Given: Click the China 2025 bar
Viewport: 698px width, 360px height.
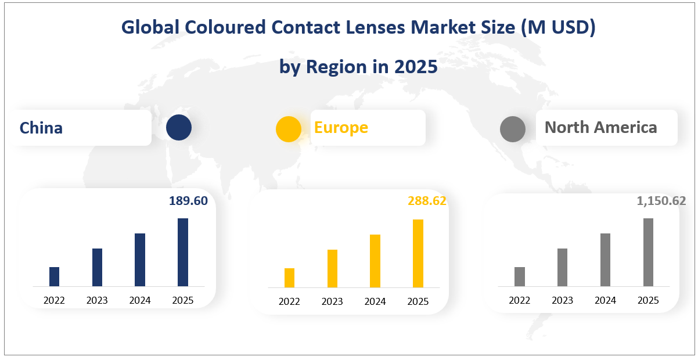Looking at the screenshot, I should [183, 252].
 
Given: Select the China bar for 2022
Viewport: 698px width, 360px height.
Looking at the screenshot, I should [55, 276].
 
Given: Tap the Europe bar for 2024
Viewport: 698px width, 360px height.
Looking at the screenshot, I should [375, 261].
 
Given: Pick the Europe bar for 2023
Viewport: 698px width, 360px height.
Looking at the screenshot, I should [332, 268].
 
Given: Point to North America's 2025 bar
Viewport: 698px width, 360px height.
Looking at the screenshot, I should [648, 252].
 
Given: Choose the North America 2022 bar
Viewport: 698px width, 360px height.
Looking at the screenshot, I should [520, 276].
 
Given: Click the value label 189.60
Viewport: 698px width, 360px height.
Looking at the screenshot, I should [188, 201].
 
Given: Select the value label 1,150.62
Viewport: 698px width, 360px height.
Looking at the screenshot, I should [661, 201].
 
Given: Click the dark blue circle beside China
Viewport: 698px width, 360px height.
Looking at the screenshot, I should [178, 128].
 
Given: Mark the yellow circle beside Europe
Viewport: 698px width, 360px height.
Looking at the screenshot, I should [289, 129].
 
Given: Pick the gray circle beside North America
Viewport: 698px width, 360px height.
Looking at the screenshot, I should [513, 129].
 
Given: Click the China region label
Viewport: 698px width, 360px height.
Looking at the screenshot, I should [41, 128].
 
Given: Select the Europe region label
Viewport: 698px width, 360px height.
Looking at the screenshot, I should [341, 127].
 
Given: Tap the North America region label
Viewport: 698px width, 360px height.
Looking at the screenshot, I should [601, 127].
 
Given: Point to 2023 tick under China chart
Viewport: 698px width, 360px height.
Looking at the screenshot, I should [97, 300].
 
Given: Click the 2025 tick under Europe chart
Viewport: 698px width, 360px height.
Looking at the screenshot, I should [418, 301].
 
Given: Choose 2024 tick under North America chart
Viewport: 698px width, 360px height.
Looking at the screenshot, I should [605, 300].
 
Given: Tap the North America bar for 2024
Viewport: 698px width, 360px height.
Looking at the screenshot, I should [605, 260].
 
